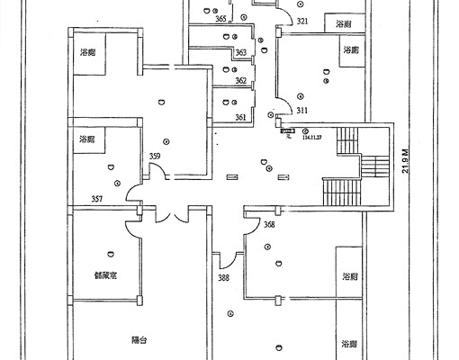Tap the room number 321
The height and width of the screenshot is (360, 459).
point(302,21)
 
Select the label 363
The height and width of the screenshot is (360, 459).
point(240,54)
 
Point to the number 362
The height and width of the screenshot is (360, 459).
point(240,81)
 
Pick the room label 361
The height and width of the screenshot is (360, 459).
point(240,117)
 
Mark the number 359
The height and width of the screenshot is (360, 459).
point(155,157)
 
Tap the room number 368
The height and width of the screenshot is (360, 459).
point(269,225)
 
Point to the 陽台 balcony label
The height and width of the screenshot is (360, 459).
point(139,341)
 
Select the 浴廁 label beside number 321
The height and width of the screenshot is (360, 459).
point(343,23)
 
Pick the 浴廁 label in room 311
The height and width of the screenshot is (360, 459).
point(349,52)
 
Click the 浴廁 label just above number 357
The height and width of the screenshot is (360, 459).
point(87,139)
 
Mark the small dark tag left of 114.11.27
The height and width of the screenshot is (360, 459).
point(286,131)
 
